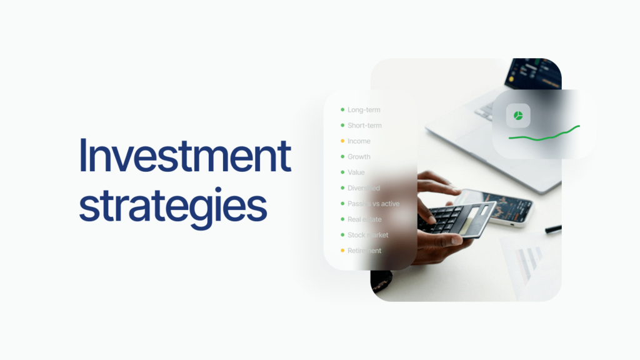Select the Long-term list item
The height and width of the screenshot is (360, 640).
[x=364, y=110]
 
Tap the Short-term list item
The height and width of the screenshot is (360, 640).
[x=364, y=126]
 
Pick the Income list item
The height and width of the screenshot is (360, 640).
[x=359, y=141]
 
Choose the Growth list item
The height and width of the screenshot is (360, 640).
[x=359, y=157]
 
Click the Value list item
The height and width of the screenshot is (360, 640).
[x=356, y=172]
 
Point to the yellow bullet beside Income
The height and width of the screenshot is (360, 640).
[x=342, y=141]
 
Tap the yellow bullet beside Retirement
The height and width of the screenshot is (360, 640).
[x=342, y=251]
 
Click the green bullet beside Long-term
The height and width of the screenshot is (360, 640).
[x=342, y=110]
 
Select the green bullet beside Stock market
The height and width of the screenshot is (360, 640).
[x=342, y=235]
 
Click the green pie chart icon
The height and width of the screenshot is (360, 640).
[x=518, y=116]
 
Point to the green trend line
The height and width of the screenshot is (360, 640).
[x=544, y=134]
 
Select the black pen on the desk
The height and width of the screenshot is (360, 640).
[x=552, y=229]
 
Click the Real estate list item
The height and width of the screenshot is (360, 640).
[x=364, y=219]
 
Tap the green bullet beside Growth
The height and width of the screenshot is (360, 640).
[x=342, y=157]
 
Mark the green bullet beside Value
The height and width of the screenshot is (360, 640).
[x=342, y=172]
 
